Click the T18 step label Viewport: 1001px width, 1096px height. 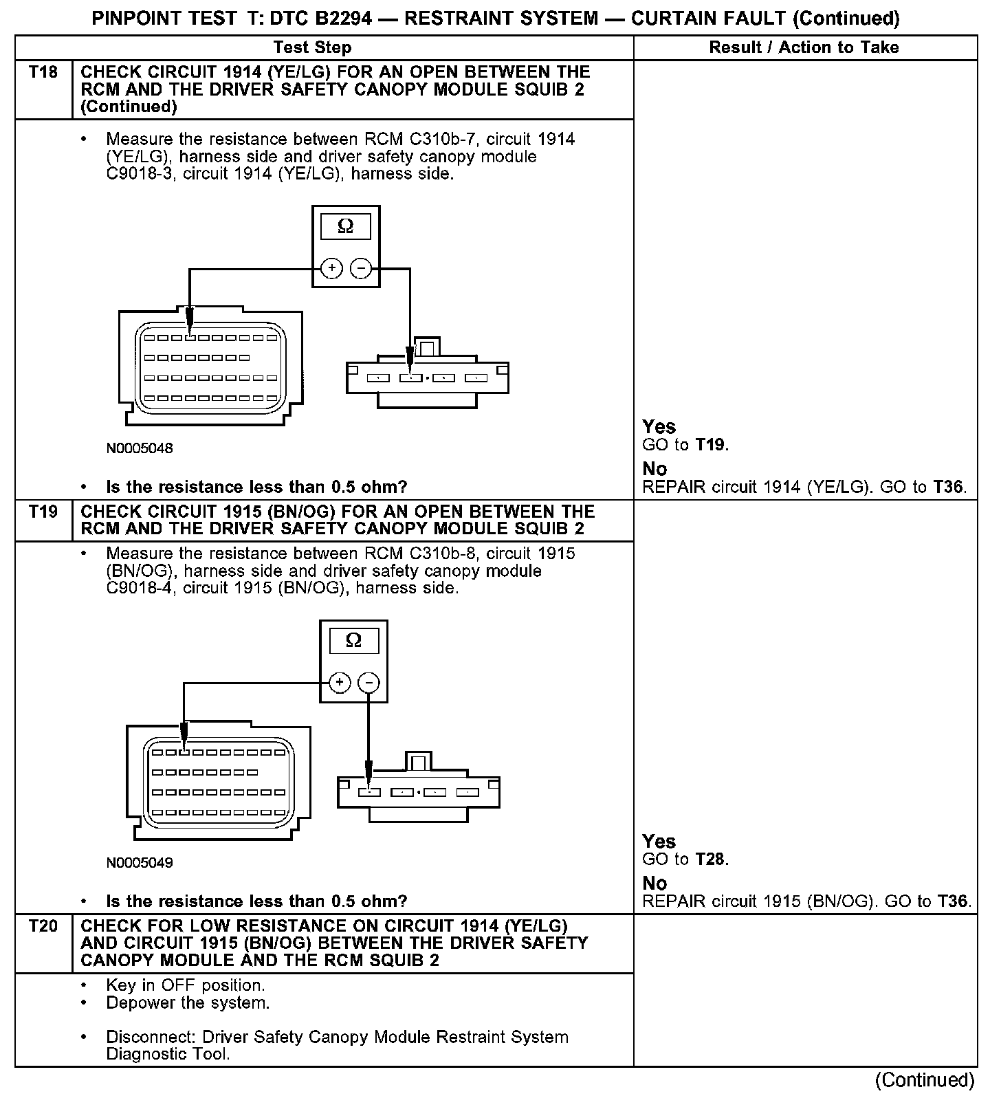pyautogui.click(x=43, y=72)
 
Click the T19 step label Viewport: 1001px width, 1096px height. pyautogui.click(x=43, y=512)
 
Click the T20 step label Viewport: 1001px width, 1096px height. pyautogui.click(x=43, y=926)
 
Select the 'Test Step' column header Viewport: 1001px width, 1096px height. pyautogui.click(x=312, y=47)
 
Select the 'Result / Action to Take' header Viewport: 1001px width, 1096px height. pyautogui.click(x=804, y=47)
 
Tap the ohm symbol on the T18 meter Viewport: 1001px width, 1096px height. pyautogui.click(x=346, y=227)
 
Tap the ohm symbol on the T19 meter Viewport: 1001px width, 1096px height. pyautogui.click(x=353, y=641)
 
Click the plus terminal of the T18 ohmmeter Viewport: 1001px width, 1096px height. pyautogui.click(x=331, y=268)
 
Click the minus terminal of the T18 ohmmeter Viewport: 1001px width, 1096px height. pyautogui.click(x=361, y=268)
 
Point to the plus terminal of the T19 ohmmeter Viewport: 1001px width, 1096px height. pyautogui.click(x=340, y=682)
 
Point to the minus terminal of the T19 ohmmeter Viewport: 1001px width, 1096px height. pyautogui.click(x=369, y=682)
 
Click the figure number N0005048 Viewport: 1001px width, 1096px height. pyautogui.click(x=140, y=448)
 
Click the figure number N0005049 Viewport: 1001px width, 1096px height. pyautogui.click(x=140, y=862)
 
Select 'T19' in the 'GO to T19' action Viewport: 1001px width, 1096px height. pyautogui.click(x=710, y=445)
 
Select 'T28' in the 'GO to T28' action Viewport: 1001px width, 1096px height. pyautogui.click(x=710, y=859)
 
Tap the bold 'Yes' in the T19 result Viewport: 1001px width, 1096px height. pyautogui.click(x=659, y=841)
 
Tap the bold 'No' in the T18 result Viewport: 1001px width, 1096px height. pyautogui.click(x=654, y=469)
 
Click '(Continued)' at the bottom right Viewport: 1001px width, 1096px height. pyautogui.click(x=925, y=1080)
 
